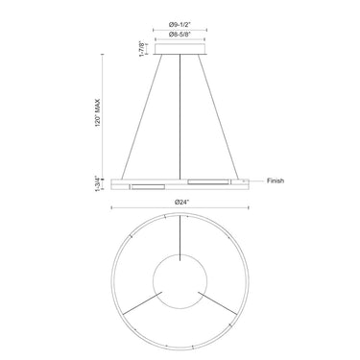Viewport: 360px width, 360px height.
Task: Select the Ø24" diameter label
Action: tap(180, 200)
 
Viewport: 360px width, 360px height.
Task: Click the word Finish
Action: tap(276, 180)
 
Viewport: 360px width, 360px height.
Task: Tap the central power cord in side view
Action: tap(180, 115)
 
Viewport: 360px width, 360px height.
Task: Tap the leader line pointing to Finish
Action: tap(256, 180)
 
